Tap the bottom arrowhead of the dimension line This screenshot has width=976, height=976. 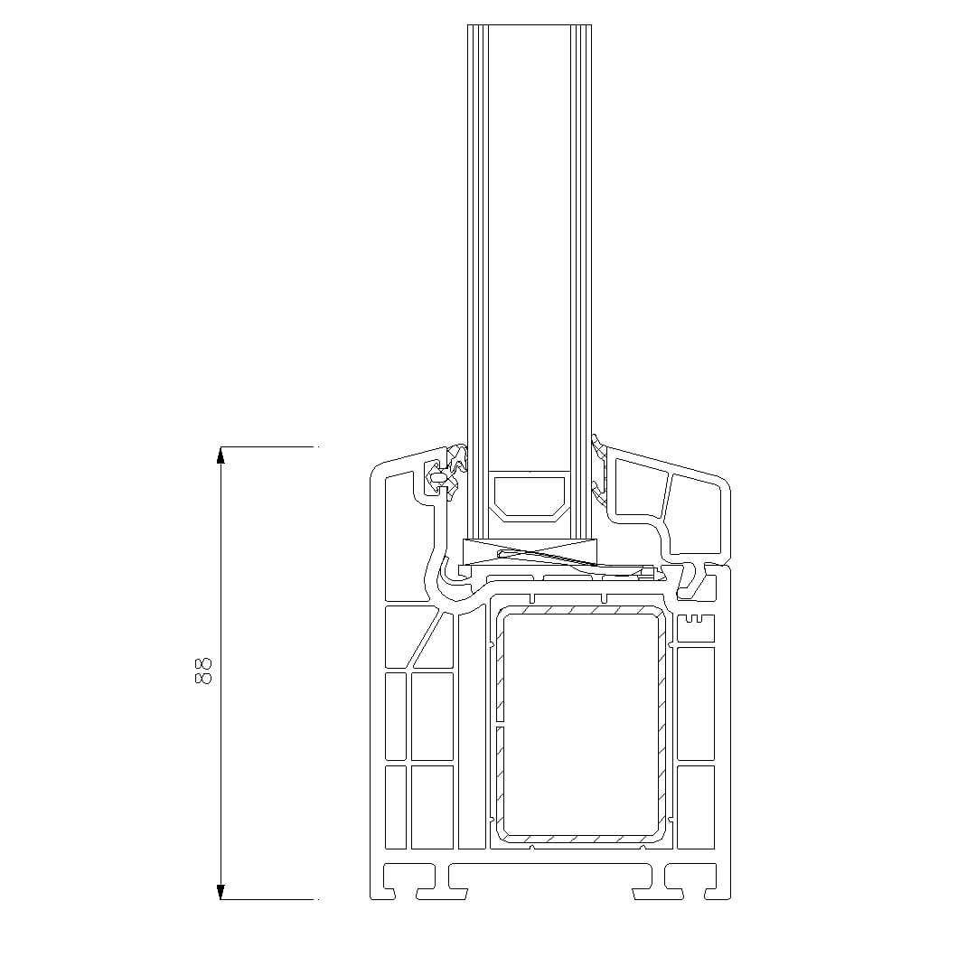click(x=220, y=891)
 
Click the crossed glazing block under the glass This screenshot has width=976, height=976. click(x=529, y=551)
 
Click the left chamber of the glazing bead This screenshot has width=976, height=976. click(x=639, y=489)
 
